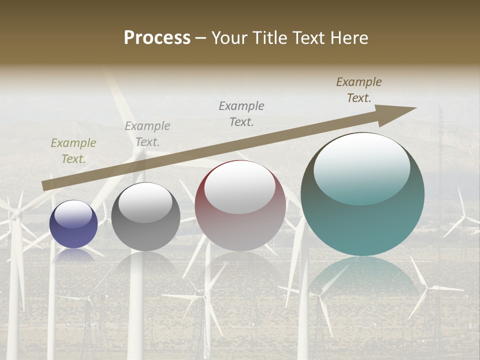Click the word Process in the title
pos(157,38)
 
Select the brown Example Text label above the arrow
pos(359,90)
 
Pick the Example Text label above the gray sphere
pos(147,134)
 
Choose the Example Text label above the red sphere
pos(241,113)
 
